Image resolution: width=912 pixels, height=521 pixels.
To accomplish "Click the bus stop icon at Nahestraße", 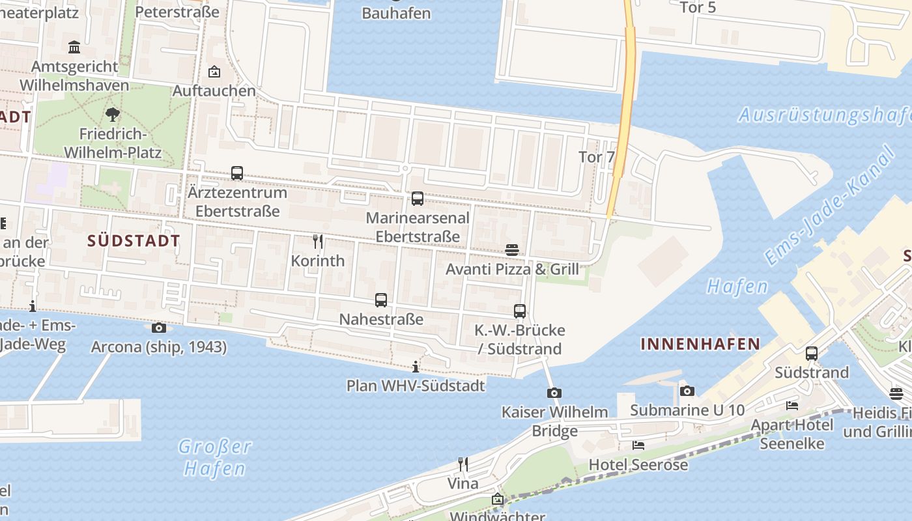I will tap(381, 300).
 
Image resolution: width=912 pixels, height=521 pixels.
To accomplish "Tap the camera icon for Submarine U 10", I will tap(687, 391).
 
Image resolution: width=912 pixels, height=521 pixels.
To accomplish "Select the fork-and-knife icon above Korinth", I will tap(318, 242).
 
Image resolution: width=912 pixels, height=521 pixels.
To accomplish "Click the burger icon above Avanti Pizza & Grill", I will tap(512, 249).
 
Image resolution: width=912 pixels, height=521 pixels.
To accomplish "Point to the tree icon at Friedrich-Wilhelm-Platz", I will tap(113, 115).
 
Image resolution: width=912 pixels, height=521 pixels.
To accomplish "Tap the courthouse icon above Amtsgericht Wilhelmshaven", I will tap(74, 47).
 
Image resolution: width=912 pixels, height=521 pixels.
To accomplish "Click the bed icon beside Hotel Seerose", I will tap(638, 445).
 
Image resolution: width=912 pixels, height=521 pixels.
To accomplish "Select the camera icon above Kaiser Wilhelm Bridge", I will tap(554, 393).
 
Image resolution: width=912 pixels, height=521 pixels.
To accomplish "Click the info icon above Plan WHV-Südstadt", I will tap(416, 367).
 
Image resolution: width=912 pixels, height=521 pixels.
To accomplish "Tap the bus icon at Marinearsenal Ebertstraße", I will tap(418, 199).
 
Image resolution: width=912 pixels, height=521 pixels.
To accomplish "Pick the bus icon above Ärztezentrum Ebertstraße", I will tap(237, 173).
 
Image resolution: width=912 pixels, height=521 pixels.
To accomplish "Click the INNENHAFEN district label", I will tap(700, 344).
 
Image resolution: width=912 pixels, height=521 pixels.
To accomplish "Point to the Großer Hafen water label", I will tap(214, 457).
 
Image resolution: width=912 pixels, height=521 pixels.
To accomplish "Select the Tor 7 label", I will tap(596, 157).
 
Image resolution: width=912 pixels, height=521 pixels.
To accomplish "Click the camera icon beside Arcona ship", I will tap(158, 328).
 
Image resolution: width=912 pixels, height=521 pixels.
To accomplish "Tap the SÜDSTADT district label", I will tap(134, 240).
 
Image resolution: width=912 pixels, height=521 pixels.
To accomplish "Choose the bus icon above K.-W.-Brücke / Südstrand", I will tap(519, 311).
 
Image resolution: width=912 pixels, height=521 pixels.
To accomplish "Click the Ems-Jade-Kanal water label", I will tap(831, 205).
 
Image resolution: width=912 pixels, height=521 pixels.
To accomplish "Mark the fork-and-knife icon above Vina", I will tap(463, 464).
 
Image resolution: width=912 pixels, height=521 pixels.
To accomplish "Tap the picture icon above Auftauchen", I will tap(214, 72).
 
